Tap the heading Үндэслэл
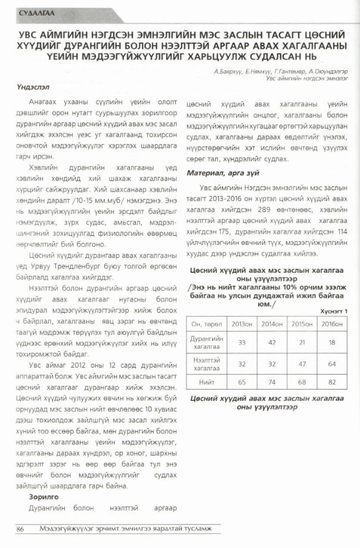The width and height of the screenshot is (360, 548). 33,87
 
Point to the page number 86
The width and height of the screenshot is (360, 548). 20,529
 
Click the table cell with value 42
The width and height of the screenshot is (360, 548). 272,342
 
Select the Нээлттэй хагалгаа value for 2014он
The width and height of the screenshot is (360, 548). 272,363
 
